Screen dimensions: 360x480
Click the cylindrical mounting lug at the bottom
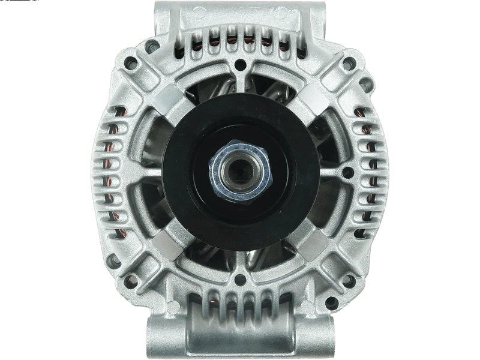point(240,327)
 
